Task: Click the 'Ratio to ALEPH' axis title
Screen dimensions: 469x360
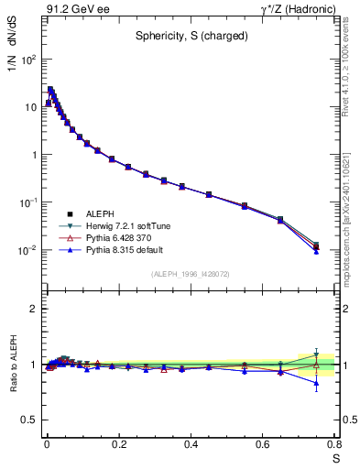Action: (12, 365)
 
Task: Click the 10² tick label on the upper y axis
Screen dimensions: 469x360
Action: (27, 60)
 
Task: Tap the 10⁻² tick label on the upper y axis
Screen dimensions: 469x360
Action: (27, 250)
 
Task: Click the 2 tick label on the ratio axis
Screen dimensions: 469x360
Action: (32, 309)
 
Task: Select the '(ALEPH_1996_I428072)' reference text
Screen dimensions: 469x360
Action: (190, 274)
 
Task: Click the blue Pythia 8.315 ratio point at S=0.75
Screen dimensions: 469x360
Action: (316, 384)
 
